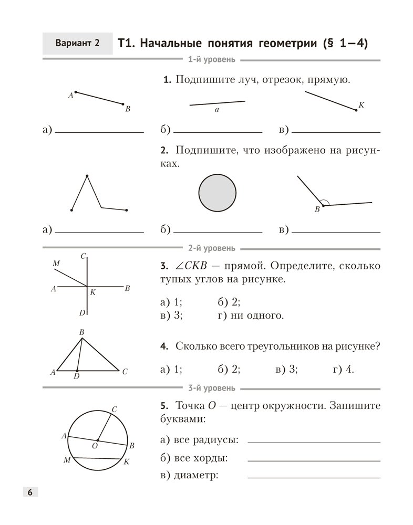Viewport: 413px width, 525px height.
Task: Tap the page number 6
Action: (x=29, y=492)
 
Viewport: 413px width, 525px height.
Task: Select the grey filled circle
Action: (x=218, y=193)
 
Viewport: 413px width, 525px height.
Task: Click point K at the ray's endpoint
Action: (x=356, y=110)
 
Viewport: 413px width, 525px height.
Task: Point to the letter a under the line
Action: (x=216, y=111)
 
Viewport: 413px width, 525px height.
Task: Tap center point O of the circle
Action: (x=97, y=440)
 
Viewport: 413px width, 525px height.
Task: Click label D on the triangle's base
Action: (x=77, y=376)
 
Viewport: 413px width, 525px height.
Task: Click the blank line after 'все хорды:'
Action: (x=314, y=460)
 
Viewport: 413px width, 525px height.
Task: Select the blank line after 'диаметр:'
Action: (x=314, y=477)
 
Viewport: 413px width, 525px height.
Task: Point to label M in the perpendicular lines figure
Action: (x=56, y=264)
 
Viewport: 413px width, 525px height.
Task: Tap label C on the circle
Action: (x=115, y=408)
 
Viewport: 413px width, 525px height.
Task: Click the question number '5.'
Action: (x=164, y=406)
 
